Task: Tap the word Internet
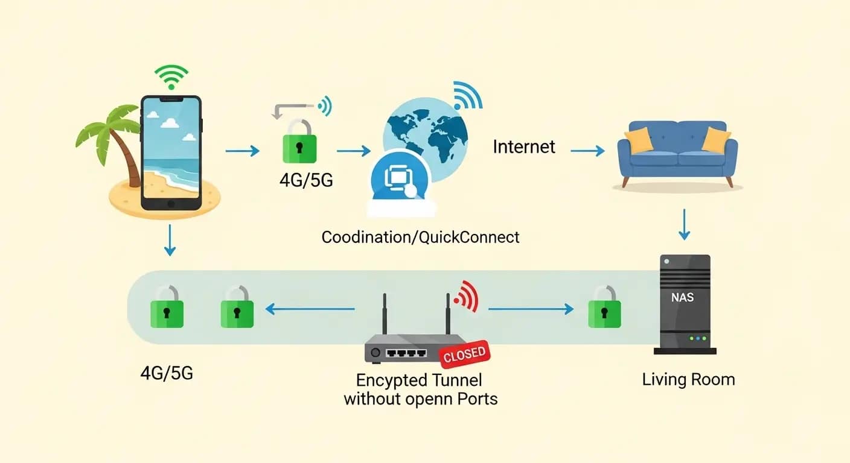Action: point(524,146)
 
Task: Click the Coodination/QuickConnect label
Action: point(420,237)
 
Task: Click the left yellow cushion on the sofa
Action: point(639,140)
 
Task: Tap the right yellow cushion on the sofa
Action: point(717,140)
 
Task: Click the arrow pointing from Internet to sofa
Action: point(587,151)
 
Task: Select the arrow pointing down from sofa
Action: point(685,224)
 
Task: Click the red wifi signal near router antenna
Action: point(467,295)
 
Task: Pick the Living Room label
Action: point(688,380)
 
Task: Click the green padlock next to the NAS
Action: point(604,309)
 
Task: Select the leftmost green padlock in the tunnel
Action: point(167,309)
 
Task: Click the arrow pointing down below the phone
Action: point(170,239)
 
